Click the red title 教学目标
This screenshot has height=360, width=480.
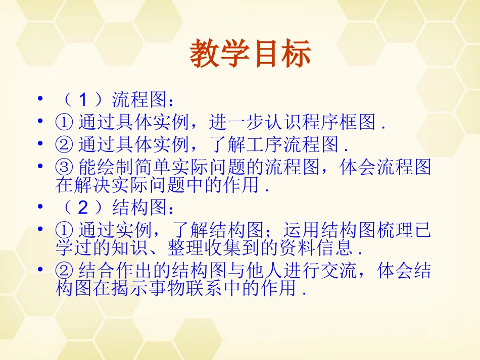[x=250, y=55]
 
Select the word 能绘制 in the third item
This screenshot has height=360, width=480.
[x=103, y=167]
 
